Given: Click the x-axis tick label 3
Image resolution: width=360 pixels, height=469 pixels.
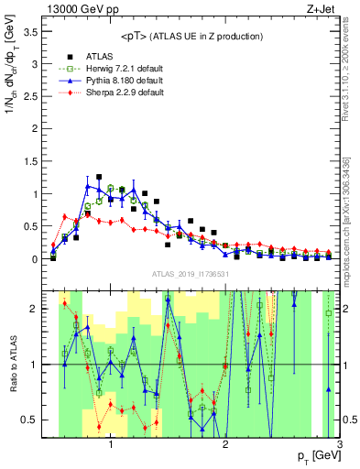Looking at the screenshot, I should (x=340, y=445).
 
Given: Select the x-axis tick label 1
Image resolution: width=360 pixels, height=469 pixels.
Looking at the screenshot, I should (x=111, y=445).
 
